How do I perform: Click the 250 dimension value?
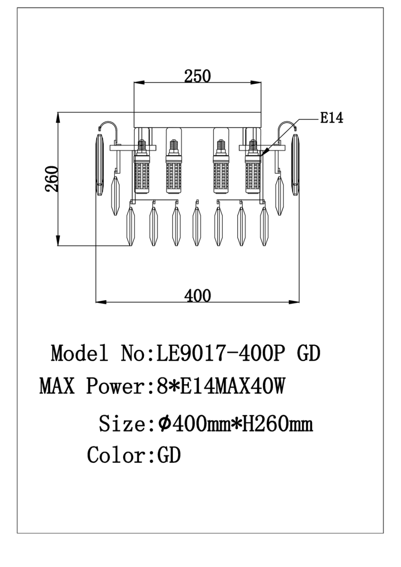point(198,76)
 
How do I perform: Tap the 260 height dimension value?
point(51,179)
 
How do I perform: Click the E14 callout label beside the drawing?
point(332,118)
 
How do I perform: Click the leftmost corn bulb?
point(142,167)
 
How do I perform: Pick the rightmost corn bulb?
point(253,167)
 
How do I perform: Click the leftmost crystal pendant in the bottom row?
point(130,226)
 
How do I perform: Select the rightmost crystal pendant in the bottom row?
point(264,226)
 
